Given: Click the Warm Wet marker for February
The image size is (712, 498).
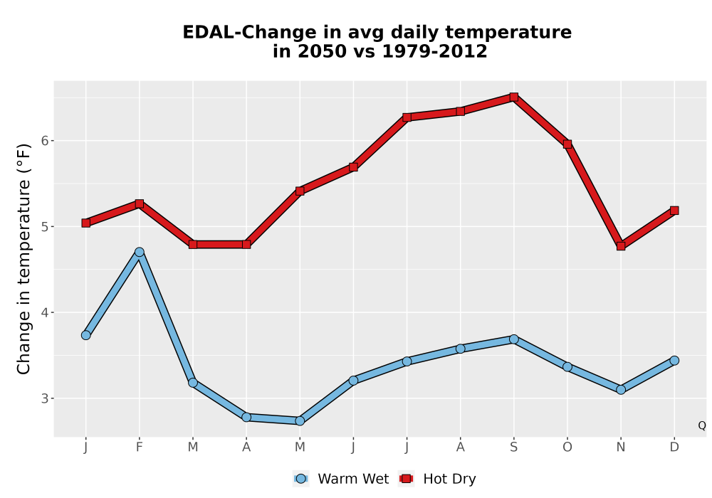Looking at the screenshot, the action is click(x=140, y=252).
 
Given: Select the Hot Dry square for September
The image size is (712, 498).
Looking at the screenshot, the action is click(x=513, y=97).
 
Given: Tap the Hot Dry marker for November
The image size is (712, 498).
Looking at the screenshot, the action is click(x=621, y=246).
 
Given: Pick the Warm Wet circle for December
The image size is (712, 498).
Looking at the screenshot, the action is click(x=674, y=361).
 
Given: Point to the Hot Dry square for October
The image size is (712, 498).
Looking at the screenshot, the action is click(x=567, y=144).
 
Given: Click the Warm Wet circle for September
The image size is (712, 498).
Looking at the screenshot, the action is click(x=513, y=339).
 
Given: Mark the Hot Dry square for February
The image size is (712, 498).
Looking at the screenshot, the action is click(x=140, y=203).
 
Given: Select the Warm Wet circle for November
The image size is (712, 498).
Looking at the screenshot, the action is click(x=621, y=390).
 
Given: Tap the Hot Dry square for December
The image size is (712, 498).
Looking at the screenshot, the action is click(x=674, y=211).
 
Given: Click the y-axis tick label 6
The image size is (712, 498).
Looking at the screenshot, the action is click(x=44, y=141).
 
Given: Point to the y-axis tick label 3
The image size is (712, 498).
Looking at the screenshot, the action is click(x=44, y=398).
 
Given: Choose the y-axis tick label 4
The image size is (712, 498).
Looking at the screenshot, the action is click(x=44, y=312).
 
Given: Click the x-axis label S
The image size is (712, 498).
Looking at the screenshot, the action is click(x=513, y=447).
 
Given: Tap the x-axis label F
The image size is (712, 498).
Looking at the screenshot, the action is click(x=140, y=447).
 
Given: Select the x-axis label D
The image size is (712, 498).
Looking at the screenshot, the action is click(x=674, y=447).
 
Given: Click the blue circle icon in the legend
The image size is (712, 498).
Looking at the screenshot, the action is click(x=300, y=479).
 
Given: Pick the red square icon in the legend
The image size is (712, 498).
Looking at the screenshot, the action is click(x=406, y=479).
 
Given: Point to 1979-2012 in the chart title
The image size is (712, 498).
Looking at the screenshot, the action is click(x=434, y=51).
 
